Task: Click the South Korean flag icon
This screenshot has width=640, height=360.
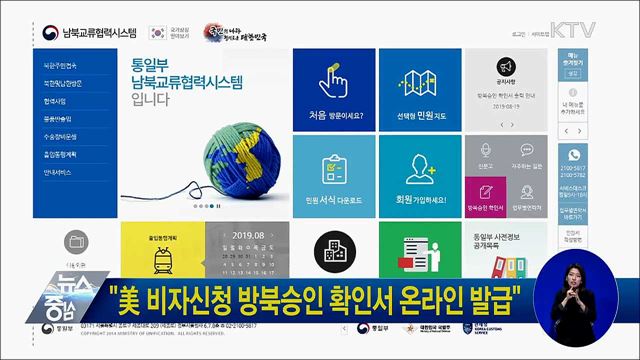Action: coord(158,32)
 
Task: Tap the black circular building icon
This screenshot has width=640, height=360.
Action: coord(329,251)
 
